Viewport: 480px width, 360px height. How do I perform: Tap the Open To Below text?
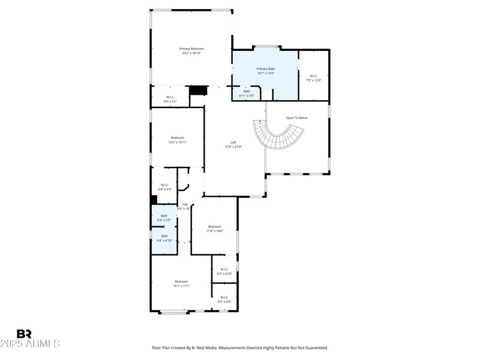click(x=296, y=118)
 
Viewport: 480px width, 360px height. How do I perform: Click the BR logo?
click(x=24, y=334)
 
